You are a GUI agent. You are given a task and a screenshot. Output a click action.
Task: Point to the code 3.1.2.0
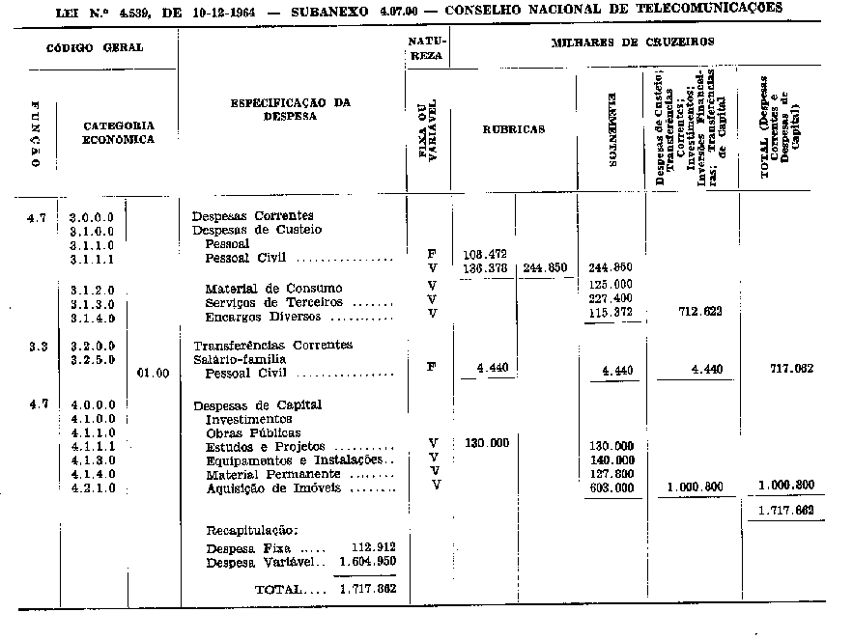[x=93, y=289]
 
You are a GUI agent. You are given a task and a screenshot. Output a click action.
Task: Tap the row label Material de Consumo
[x=273, y=289]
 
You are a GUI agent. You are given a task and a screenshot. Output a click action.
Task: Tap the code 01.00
[x=153, y=372]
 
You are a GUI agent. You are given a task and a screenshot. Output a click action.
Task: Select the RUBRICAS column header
[x=513, y=128]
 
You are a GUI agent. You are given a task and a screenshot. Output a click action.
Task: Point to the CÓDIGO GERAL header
[x=95, y=47]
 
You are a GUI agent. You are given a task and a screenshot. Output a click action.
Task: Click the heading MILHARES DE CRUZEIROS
[x=632, y=43]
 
